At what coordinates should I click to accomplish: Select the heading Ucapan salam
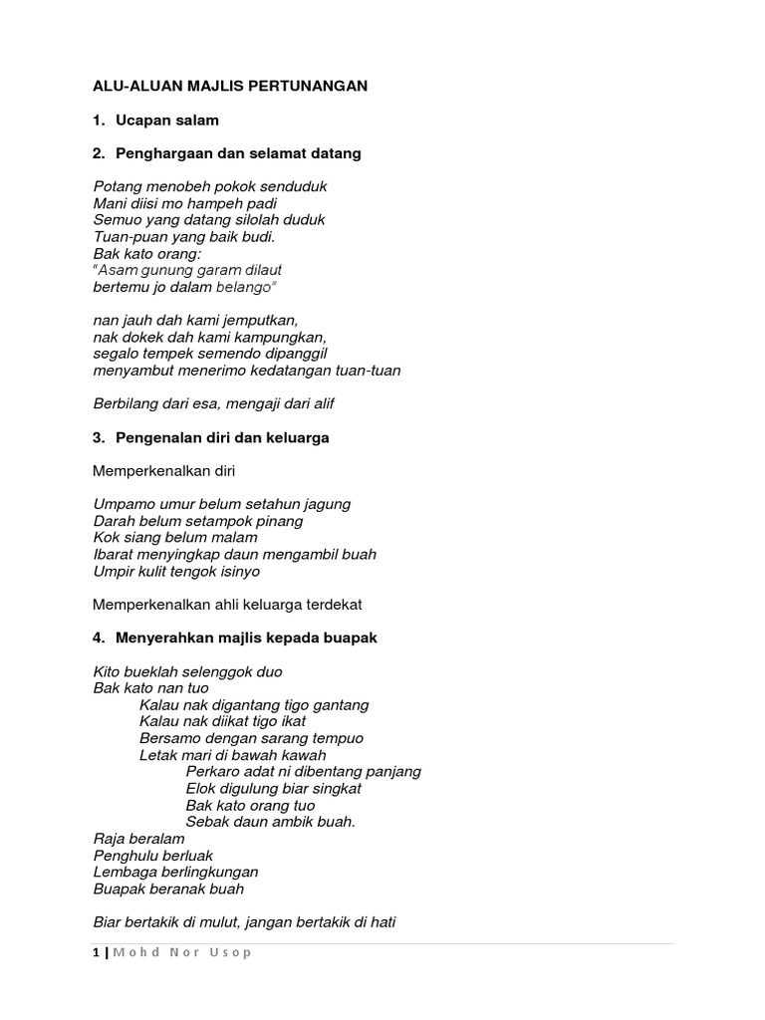tap(166, 121)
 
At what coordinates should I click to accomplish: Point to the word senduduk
tap(294, 186)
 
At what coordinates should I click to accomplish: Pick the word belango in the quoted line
tap(243, 287)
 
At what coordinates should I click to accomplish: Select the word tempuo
tap(336, 738)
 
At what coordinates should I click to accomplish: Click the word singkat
tap(332, 788)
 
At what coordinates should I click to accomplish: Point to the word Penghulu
tap(125, 855)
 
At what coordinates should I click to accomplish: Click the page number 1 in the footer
tap(96, 953)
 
